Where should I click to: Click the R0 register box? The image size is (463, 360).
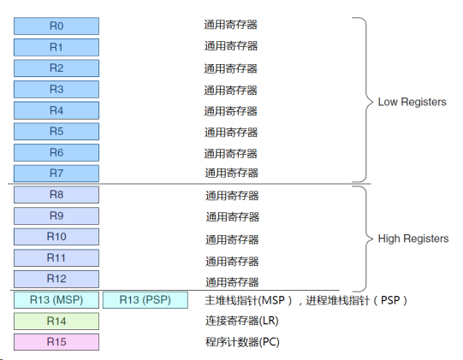(x=56, y=26)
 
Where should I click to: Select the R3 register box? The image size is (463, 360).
(x=56, y=89)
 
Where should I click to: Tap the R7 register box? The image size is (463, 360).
(x=56, y=174)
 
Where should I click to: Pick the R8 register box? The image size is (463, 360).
(x=56, y=194)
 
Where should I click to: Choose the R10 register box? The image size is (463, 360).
(x=56, y=236)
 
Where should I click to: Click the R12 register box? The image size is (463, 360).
(x=56, y=279)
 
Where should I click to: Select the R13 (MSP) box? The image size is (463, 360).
(x=56, y=300)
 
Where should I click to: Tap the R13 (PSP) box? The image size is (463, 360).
(x=145, y=300)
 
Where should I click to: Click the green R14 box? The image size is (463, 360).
(x=56, y=321)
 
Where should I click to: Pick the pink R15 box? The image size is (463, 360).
(x=56, y=342)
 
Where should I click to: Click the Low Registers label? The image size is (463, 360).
(x=412, y=102)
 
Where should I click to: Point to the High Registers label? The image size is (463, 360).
(x=413, y=239)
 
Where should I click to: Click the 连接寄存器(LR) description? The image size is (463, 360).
(x=242, y=321)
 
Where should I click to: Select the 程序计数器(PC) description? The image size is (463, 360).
(x=242, y=342)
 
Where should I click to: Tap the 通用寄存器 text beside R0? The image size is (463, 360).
(x=230, y=25)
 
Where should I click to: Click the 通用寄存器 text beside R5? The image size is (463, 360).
(x=231, y=133)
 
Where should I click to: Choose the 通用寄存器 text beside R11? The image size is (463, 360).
(x=232, y=262)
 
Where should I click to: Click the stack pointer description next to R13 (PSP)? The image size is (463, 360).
(x=306, y=300)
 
